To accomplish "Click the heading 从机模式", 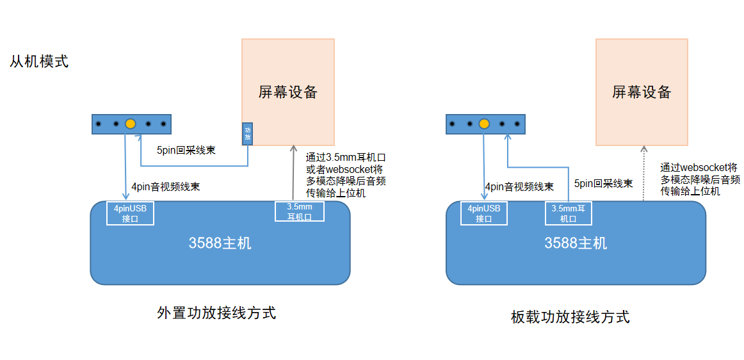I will [39, 62].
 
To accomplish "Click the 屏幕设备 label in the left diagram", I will [288, 92].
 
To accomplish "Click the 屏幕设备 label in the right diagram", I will [642, 92].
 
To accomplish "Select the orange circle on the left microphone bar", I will [131, 123].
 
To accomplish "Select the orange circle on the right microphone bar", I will [484, 123].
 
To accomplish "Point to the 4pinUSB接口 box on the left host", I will [130, 213].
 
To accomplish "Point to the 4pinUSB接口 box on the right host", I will [484, 213].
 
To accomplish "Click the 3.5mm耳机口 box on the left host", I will [300, 211].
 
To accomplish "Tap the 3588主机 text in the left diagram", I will [220, 243].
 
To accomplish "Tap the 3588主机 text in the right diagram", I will [576, 243].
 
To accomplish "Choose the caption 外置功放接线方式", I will [216, 313].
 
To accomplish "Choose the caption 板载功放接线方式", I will [570, 316].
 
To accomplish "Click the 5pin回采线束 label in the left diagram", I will [186, 151].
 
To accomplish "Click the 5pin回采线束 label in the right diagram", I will [604, 183].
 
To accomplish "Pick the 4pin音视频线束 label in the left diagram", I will [165, 187].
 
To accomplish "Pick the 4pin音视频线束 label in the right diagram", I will [519, 187].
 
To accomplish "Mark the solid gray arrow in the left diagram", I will [293, 173].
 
